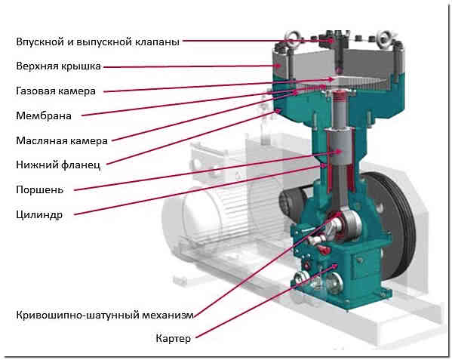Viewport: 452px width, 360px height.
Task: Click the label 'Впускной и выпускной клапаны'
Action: point(97,42)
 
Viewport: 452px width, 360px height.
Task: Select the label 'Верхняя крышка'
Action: point(59,66)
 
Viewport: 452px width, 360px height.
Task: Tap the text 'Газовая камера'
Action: point(56,91)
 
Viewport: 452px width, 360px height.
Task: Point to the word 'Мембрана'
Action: point(44,116)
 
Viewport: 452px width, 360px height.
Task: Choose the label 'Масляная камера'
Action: point(62,140)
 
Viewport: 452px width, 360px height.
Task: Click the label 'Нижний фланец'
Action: point(59,165)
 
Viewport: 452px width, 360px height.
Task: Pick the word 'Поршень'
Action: point(39,190)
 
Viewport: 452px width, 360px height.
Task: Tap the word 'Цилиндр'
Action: point(39,215)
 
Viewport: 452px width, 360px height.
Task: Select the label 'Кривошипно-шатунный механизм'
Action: point(105,315)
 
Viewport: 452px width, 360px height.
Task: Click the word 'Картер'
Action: point(174,338)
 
